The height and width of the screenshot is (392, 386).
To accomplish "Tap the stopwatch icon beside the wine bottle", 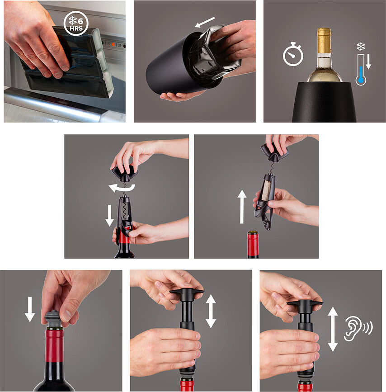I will tap(292, 55).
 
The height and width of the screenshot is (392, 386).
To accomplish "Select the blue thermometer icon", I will tap(361, 71).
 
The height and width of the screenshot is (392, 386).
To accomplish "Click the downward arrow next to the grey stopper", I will tap(30, 308).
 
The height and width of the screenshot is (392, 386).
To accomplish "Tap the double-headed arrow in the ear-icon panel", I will tap(333, 328).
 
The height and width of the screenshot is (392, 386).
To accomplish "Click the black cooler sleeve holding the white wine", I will tap(325, 102).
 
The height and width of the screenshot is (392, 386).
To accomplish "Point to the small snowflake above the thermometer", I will tap(361, 46).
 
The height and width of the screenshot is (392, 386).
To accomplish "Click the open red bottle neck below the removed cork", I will tap(253, 244).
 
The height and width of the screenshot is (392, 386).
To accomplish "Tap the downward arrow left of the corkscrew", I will tap(109, 215).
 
